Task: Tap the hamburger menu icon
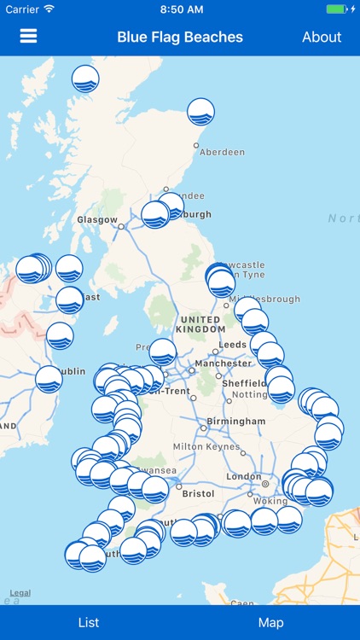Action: pos(29,37)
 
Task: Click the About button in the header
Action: pos(322,37)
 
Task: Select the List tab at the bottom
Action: pos(89,623)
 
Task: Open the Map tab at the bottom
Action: pos(270,623)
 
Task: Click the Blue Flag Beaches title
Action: pos(180,37)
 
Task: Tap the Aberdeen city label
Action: pos(222,152)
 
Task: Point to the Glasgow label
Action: pos(96,219)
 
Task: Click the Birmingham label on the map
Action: pos(236,422)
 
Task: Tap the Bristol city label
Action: pos(199,493)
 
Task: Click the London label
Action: pos(244,476)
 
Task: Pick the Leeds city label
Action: pos(232,345)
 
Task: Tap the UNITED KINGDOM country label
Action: pos(200,324)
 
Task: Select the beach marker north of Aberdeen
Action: pos(200,112)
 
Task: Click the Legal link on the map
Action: pos(20,593)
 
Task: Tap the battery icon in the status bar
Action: pos(338,9)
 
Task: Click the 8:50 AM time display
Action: pos(180,9)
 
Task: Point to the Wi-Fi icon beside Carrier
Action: pos(49,9)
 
